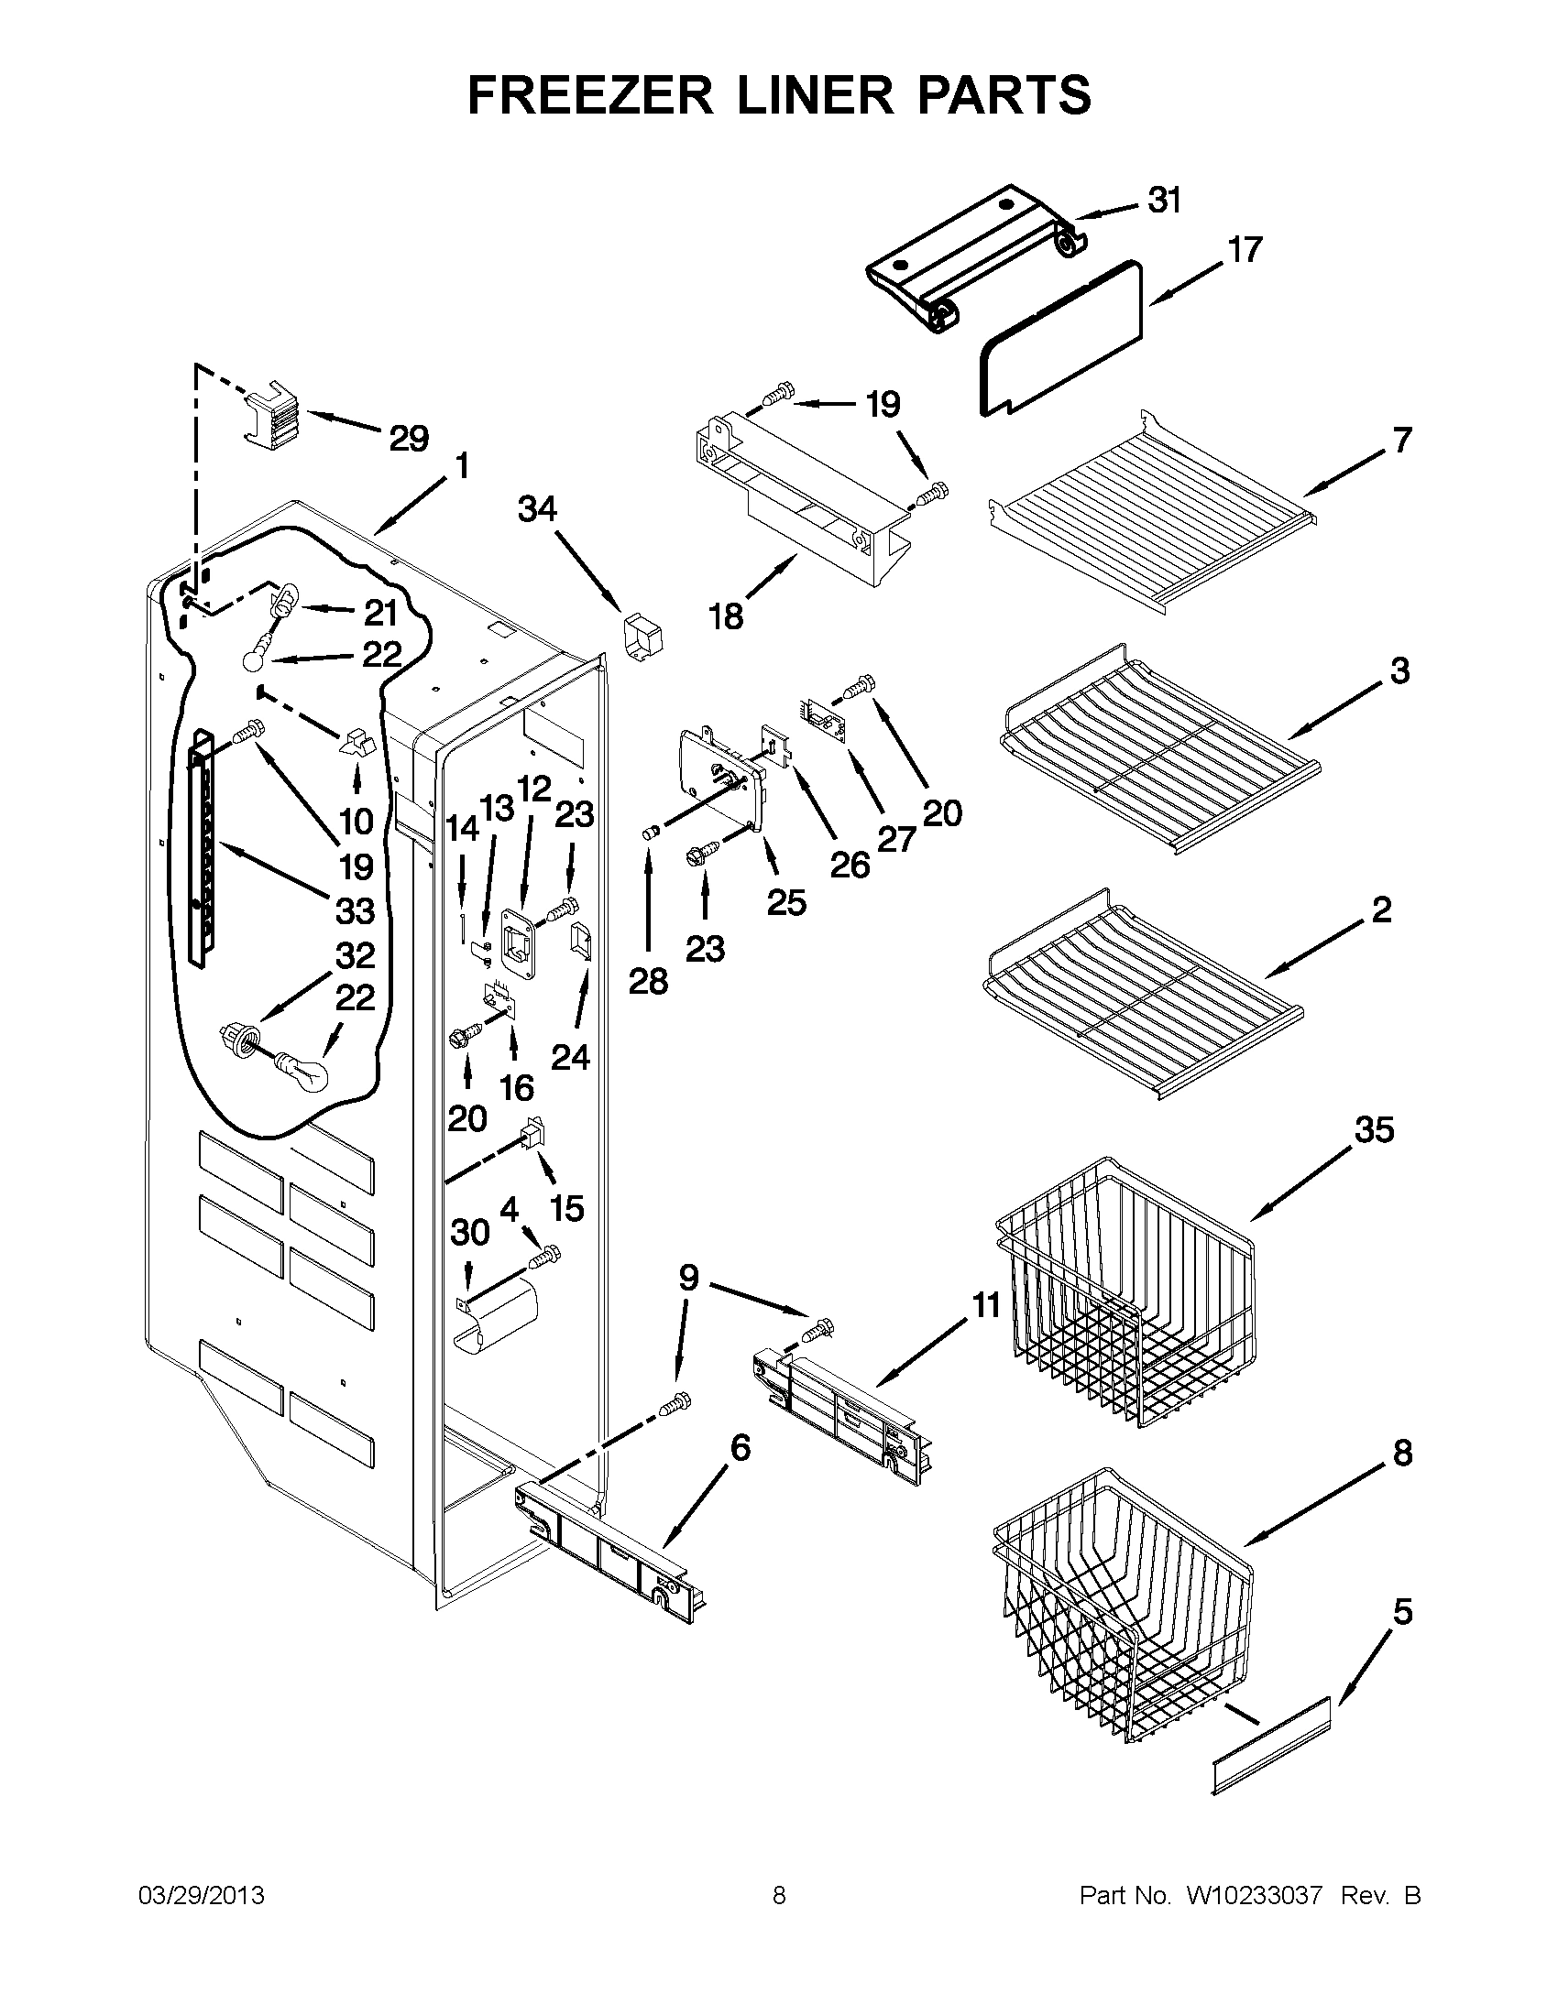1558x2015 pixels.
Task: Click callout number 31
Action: click(x=1165, y=201)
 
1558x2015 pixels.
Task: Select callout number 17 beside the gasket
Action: click(x=1245, y=250)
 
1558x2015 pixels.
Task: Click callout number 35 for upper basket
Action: click(x=1375, y=1129)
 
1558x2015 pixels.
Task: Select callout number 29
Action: click(x=408, y=438)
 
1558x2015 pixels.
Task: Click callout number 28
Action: click(x=648, y=982)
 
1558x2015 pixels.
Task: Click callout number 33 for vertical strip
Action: click(x=355, y=911)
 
